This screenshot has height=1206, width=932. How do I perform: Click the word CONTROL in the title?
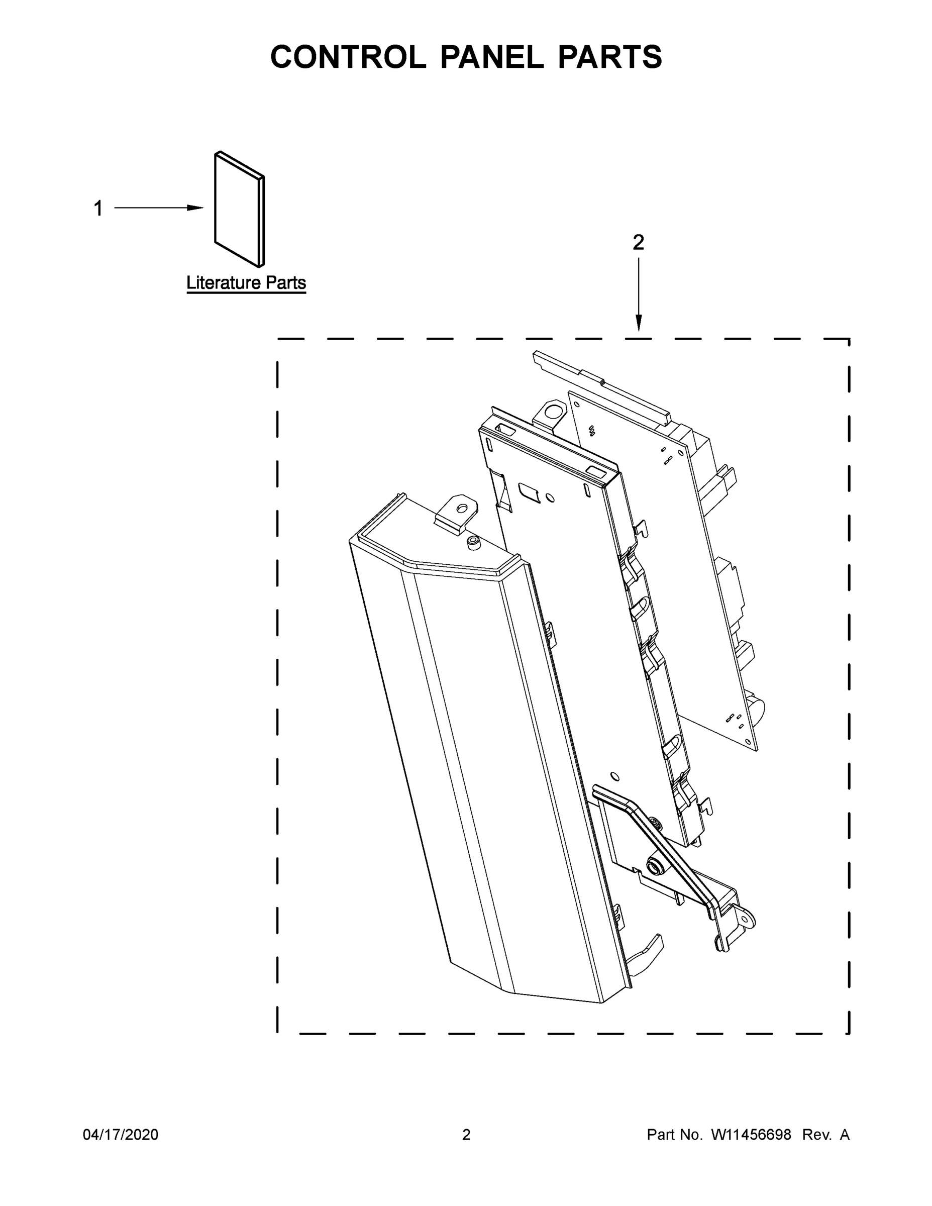[x=348, y=57]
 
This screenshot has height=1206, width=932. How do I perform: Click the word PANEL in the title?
[x=491, y=57]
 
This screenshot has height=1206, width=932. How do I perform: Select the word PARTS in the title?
[x=609, y=57]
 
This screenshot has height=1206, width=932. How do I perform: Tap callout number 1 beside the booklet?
[x=98, y=209]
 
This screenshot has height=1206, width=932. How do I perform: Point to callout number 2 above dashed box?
[x=638, y=242]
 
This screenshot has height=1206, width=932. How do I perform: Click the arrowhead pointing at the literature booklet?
[x=196, y=208]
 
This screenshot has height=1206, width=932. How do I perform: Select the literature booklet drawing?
[x=239, y=210]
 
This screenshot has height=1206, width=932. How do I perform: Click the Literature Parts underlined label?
[x=246, y=283]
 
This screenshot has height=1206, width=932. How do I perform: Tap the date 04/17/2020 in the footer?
[x=121, y=1135]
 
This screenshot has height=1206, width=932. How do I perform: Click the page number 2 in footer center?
[x=466, y=1135]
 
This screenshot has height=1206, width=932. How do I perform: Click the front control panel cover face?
[x=469, y=773]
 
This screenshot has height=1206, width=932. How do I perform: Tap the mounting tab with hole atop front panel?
[x=458, y=511]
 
